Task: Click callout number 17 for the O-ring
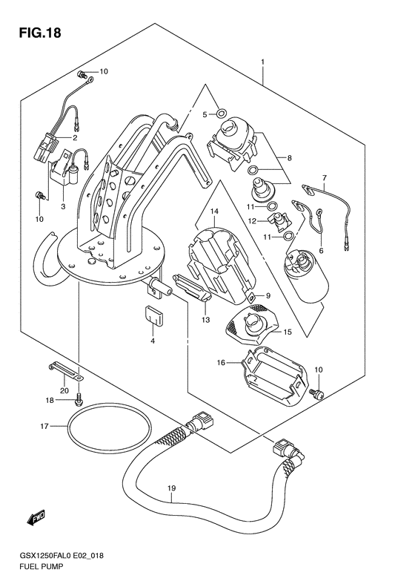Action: pyautogui.click(x=44, y=426)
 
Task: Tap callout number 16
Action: pyautogui.click(x=221, y=363)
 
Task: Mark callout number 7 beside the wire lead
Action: pyautogui.click(x=323, y=178)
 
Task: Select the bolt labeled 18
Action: pyautogui.click(x=79, y=400)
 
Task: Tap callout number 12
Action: pyautogui.click(x=253, y=221)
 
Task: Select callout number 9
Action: pyautogui.click(x=268, y=295)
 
